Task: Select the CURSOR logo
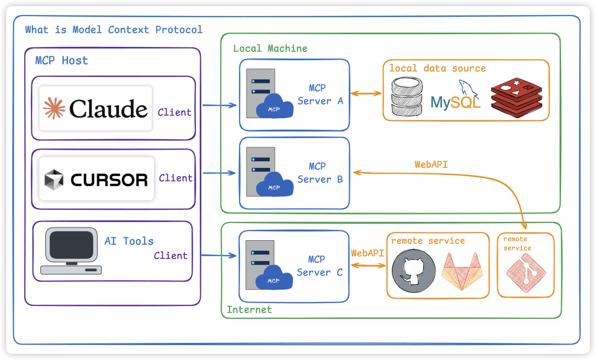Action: pyautogui.click(x=97, y=179)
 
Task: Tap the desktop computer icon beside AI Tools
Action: pyautogui.click(x=71, y=252)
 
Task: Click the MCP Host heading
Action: pyautogui.click(x=61, y=60)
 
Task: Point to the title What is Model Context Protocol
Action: pyautogui.click(x=114, y=30)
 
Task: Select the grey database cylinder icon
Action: pyautogui.click(x=407, y=97)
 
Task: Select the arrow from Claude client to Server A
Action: pyautogui.click(x=220, y=104)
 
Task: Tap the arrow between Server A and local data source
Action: pyautogui.click(x=366, y=94)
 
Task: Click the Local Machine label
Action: pyautogui.click(x=270, y=49)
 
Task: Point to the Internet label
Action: pyautogui.click(x=249, y=310)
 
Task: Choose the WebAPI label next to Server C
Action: pyautogui.click(x=367, y=253)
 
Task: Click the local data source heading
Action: pyautogui.click(x=437, y=68)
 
